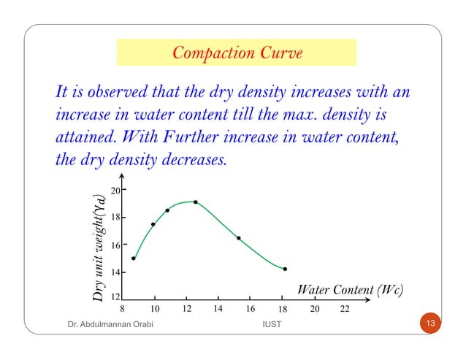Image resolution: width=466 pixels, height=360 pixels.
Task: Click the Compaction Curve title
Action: click(x=236, y=53)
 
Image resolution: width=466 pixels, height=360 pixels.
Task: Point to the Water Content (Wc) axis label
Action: click(x=351, y=290)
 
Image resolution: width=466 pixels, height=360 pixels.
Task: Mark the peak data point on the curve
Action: click(x=196, y=202)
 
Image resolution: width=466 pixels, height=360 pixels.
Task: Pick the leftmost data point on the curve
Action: click(x=134, y=258)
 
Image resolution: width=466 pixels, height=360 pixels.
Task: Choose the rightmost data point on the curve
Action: click(x=285, y=269)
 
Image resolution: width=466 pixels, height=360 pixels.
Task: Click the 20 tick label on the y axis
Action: click(x=115, y=191)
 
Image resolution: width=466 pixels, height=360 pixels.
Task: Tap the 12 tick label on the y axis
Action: click(x=115, y=298)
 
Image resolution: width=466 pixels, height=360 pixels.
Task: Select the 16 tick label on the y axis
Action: click(x=115, y=245)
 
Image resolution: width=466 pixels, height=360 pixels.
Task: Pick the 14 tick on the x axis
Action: click(x=218, y=309)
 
